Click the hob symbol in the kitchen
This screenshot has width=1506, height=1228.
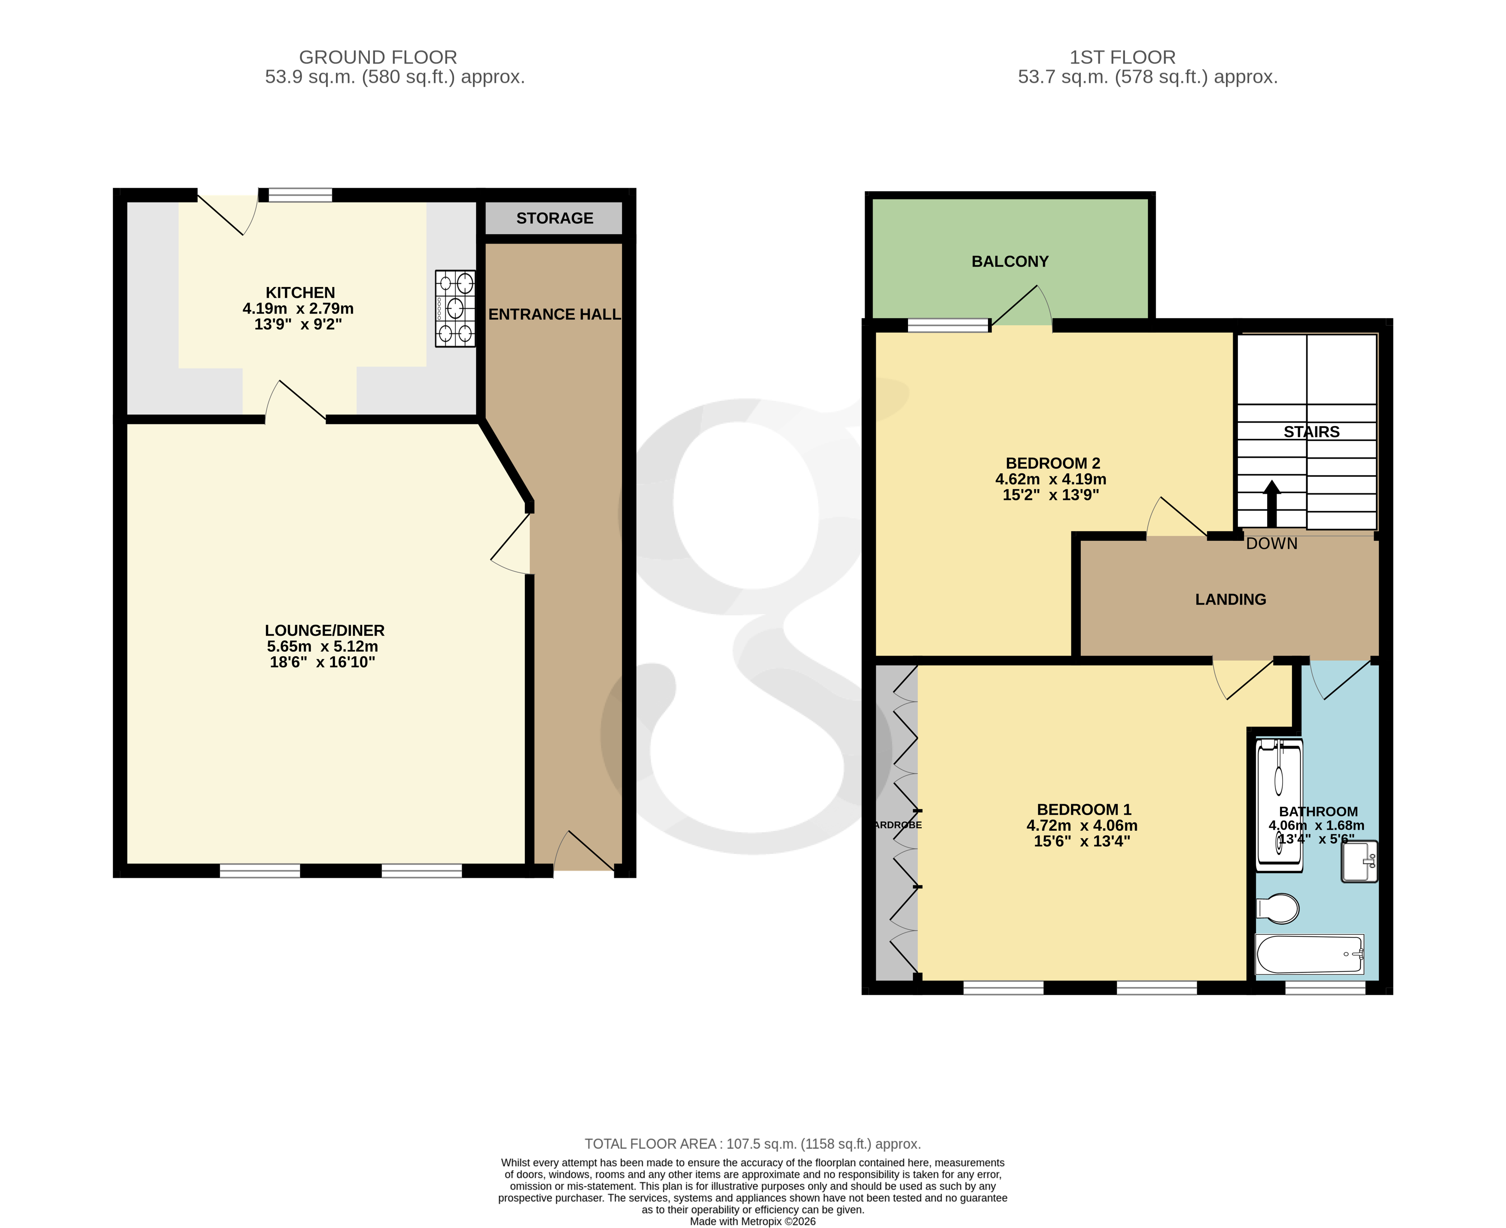click(x=455, y=308)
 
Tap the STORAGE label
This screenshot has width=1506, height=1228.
click(x=555, y=218)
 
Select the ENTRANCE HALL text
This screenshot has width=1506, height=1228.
click(x=555, y=314)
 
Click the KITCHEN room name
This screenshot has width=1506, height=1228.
click(x=300, y=292)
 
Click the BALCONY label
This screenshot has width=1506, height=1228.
click(x=1009, y=261)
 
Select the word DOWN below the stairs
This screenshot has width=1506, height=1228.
click(x=1271, y=543)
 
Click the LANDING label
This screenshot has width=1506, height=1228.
click(x=1230, y=599)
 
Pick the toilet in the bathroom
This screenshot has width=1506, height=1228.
click(x=1277, y=908)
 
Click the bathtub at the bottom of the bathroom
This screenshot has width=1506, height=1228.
click(x=1309, y=954)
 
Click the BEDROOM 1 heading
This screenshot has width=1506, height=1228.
click(x=1084, y=809)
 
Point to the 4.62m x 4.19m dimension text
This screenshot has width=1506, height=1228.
click(x=1050, y=479)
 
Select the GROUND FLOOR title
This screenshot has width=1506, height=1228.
click(x=378, y=57)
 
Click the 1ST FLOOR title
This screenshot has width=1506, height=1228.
click(x=1122, y=57)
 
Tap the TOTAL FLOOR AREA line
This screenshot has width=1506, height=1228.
click(x=753, y=1144)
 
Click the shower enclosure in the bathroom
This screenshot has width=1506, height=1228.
click(x=1278, y=804)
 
